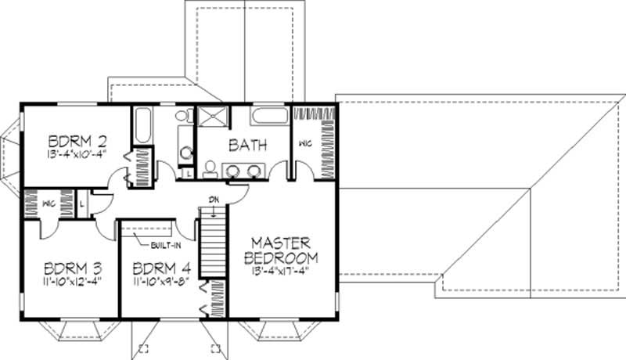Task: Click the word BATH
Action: (248, 145)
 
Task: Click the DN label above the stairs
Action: (212, 198)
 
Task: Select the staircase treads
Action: (212, 243)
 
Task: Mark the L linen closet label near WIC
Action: (83, 203)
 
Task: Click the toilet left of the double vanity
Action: (209, 167)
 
